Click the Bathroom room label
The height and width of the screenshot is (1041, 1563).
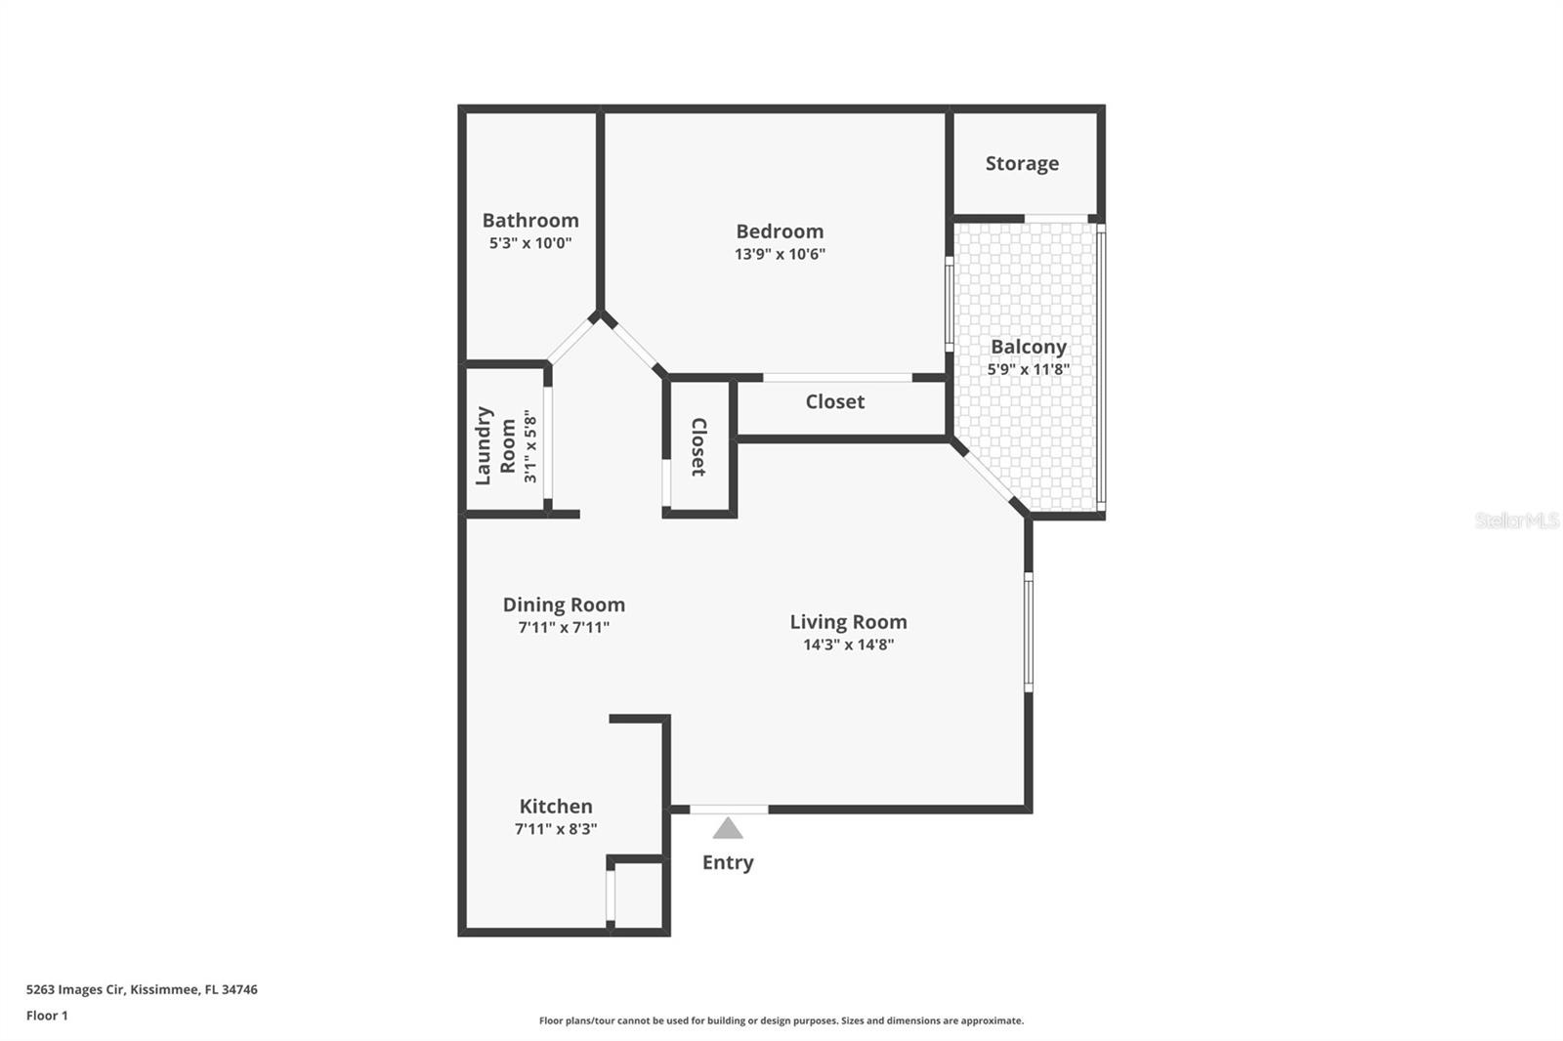pyautogui.click(x=530, y=221)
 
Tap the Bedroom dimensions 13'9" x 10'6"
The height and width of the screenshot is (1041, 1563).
pyautogui.click(x=780, y=254)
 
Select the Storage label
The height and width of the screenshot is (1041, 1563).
pyautogui.click(x=1022, y=163)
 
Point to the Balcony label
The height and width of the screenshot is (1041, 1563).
pyautogui.click(x=1028, y=347)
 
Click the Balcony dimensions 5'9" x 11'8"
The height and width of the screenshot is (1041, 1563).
pyautogui.click(x=1028, y=369)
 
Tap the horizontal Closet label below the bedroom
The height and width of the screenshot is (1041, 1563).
pyautogui.click(x=834, y=401)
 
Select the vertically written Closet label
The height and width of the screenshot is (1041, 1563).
pyautogui.click(x=698, y=447)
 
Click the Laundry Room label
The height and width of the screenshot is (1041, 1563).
pyautogui.click(x=495, y=445)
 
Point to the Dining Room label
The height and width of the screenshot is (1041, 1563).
pyautogui.click(x=564, y=604)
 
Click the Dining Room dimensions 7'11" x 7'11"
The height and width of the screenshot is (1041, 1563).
pyautogui.click(x=564, y=628)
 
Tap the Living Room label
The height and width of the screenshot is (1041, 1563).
pyautogui.click(x=848, y=622)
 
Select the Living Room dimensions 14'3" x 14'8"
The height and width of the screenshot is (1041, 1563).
pyautogui.click(x=848, y=645)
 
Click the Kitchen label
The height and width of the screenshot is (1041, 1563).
pyautogui.click(x=556, y=807)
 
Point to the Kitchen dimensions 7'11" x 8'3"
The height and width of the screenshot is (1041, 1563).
pyautogui.click(x=556, y=829)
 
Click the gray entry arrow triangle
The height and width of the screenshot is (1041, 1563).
pyautogui.click(x=728, y=829)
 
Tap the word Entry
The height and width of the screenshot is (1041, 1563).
pyautogui.click(x=728, y=862)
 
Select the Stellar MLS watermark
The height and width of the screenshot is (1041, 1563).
pyautogui.click(x=1516, y=520)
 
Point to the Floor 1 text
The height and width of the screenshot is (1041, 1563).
pyautogui.click(x=47, y=1016)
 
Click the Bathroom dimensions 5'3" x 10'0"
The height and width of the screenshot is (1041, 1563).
pyautogui.click(x=530, y=243)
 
